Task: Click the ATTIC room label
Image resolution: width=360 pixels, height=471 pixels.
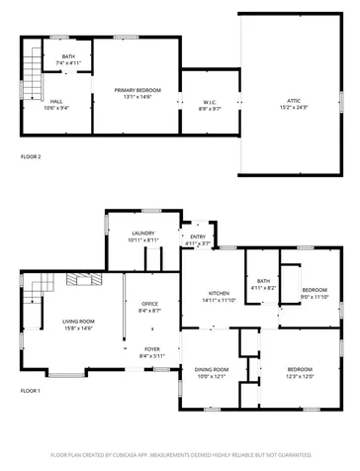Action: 295,101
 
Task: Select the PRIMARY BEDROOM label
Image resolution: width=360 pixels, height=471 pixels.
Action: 136,91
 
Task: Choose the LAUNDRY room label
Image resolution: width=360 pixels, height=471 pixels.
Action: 143,234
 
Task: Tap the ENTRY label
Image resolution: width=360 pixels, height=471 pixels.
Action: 198,236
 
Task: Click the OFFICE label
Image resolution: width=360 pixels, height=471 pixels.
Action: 150,305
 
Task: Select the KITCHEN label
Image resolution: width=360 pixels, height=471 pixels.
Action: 219,294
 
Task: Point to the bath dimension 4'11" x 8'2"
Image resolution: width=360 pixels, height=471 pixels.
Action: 263,288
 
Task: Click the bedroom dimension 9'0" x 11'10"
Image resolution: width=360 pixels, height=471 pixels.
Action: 315,296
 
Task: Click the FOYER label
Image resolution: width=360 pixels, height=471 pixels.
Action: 152,349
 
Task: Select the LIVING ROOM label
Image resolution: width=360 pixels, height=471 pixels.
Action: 79,322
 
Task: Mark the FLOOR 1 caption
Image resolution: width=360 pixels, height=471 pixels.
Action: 31,391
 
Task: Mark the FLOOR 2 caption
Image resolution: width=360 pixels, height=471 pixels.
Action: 31,156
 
